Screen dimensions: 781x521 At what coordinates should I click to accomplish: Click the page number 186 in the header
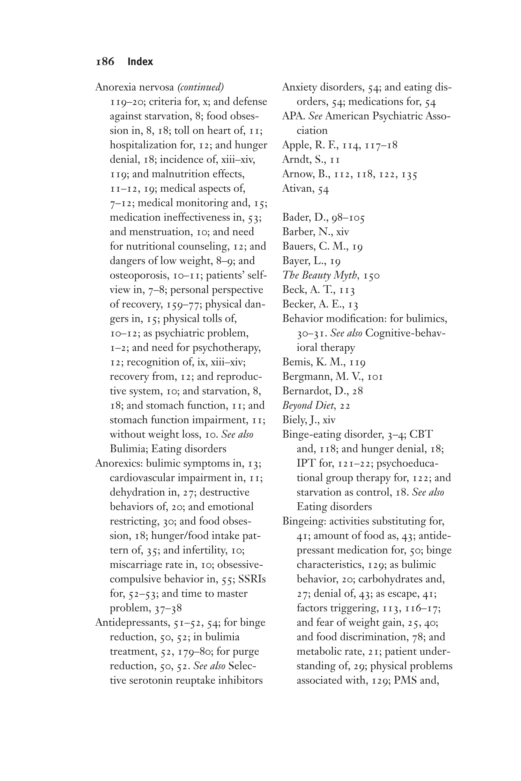click(105, 62)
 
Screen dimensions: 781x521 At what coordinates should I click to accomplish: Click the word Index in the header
click(140, 62)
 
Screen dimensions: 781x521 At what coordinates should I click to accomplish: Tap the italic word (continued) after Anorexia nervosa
click(200, 87)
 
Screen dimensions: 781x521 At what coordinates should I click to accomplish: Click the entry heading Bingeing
click(304, 521)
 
